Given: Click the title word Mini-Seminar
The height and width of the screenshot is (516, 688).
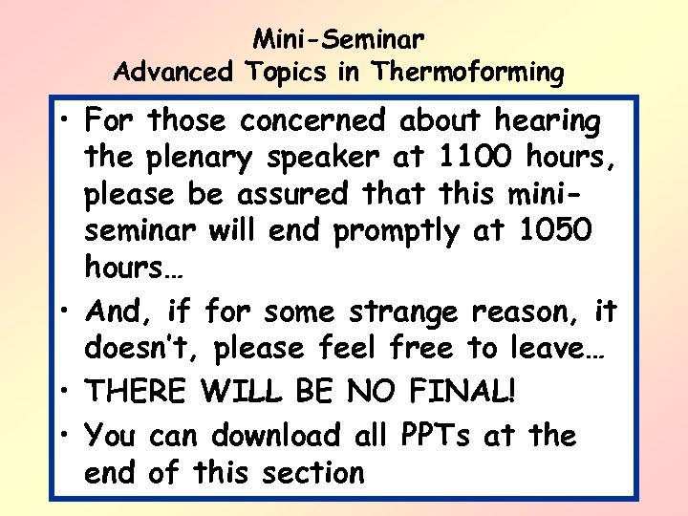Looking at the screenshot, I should click(x=339, y=40).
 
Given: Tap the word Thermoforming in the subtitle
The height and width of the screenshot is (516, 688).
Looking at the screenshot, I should click(x=469, y=72).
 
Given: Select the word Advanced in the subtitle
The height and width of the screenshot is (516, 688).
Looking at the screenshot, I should click(x=172, y=72).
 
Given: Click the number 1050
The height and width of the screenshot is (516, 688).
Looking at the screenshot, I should click(x=554, y=231).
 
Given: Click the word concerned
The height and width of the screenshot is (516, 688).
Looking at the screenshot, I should click(x=312, y=122).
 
